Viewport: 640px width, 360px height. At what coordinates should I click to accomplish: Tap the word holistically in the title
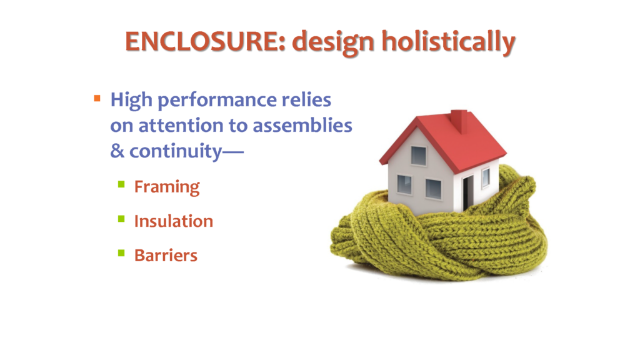[448, 42]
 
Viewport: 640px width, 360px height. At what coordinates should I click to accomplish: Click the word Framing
[167, 187]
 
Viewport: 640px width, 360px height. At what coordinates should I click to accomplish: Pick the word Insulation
[174, 221]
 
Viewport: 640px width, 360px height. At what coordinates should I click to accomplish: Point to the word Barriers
[166, 256]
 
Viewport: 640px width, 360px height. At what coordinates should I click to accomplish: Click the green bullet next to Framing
[121, 184]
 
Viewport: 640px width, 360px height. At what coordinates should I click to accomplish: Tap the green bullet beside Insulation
[121, 219]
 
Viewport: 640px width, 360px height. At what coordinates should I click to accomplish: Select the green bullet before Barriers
[121, 253]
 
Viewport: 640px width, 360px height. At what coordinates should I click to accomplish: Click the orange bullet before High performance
[97, 98]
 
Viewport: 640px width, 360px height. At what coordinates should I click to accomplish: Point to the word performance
[217, 101]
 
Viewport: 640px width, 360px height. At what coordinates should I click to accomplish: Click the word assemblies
[302, 125]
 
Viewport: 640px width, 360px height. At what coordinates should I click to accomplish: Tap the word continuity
[176, 152]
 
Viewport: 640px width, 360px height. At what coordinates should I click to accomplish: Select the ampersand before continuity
[117, 151]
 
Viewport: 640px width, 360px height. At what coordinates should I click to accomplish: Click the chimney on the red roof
[459, 121]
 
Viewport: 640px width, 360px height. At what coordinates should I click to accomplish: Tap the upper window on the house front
[418, 156]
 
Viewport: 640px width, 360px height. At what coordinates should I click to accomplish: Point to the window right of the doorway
[486, 178]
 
